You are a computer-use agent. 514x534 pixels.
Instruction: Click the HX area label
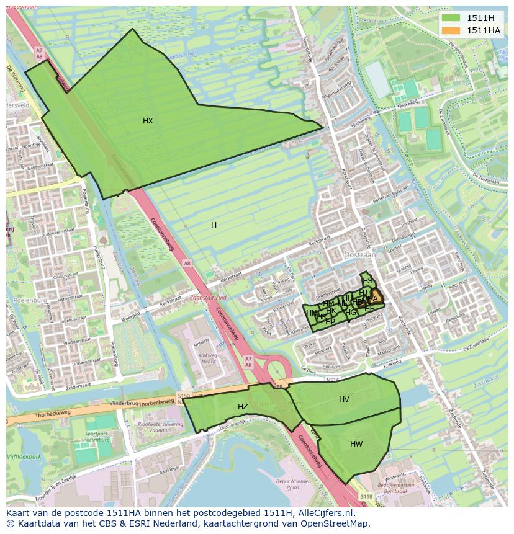(x=148, y=121)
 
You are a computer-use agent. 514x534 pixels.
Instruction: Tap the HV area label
(x=344, y=399)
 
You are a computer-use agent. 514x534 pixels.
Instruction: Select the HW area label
(x=356, y=444)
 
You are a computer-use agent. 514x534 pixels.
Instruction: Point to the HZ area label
(x=243, y=407)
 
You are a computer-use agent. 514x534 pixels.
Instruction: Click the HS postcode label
(x=368, y=281)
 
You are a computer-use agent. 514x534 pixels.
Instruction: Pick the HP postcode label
(x=330, y=321)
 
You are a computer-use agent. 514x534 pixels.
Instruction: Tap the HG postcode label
(x=351, y=313)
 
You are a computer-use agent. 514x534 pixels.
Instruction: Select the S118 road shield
(x=367, y=496)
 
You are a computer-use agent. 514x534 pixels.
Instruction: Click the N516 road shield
(x=333, y=380)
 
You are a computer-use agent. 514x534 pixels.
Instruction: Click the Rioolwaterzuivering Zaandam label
(x=151, y=427)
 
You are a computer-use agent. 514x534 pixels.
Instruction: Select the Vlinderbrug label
(x=123, y=403)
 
